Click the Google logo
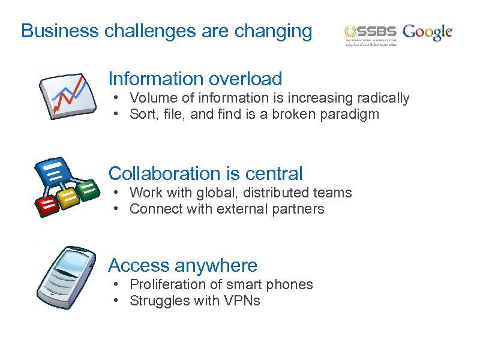pos(428,32)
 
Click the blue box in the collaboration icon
pos(52,171)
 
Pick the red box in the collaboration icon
pos(47,205)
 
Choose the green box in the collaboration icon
pos(88,190)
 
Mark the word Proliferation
pos(164,284)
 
